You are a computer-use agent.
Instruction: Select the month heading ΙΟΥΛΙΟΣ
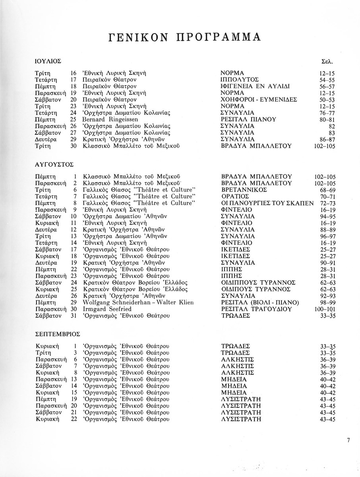coord(48,62)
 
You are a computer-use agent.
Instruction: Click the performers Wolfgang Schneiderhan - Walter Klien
coord(138,303)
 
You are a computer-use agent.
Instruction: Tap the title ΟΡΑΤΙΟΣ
coord(235,196)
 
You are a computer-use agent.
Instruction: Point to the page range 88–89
coord(328,230)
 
